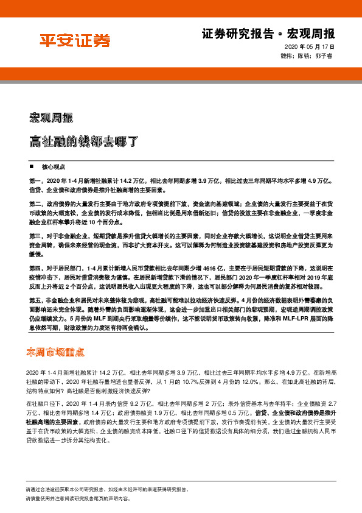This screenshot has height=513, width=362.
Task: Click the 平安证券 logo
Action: click(x=75, y=41)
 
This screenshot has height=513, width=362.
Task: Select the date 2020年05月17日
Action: click(x=308, y=47)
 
